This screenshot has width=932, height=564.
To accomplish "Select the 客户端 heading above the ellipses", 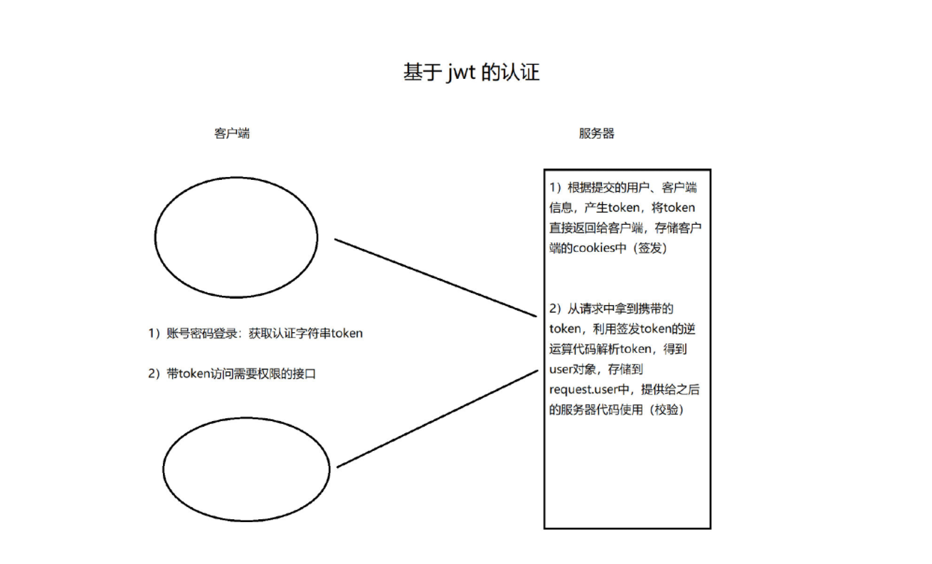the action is tap(232, 133).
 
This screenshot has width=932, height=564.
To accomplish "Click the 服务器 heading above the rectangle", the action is tap(596, 133).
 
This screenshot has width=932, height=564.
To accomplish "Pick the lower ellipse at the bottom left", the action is tap(246, 468).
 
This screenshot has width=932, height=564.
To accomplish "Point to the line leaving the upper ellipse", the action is tap(434, 278).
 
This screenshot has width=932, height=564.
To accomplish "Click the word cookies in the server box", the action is tap(595, 248).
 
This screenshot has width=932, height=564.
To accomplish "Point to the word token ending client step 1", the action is tap(347, 334).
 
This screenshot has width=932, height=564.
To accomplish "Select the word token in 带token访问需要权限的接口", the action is tap(196, 373).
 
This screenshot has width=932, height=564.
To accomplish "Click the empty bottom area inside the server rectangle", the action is tap(627, 477).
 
